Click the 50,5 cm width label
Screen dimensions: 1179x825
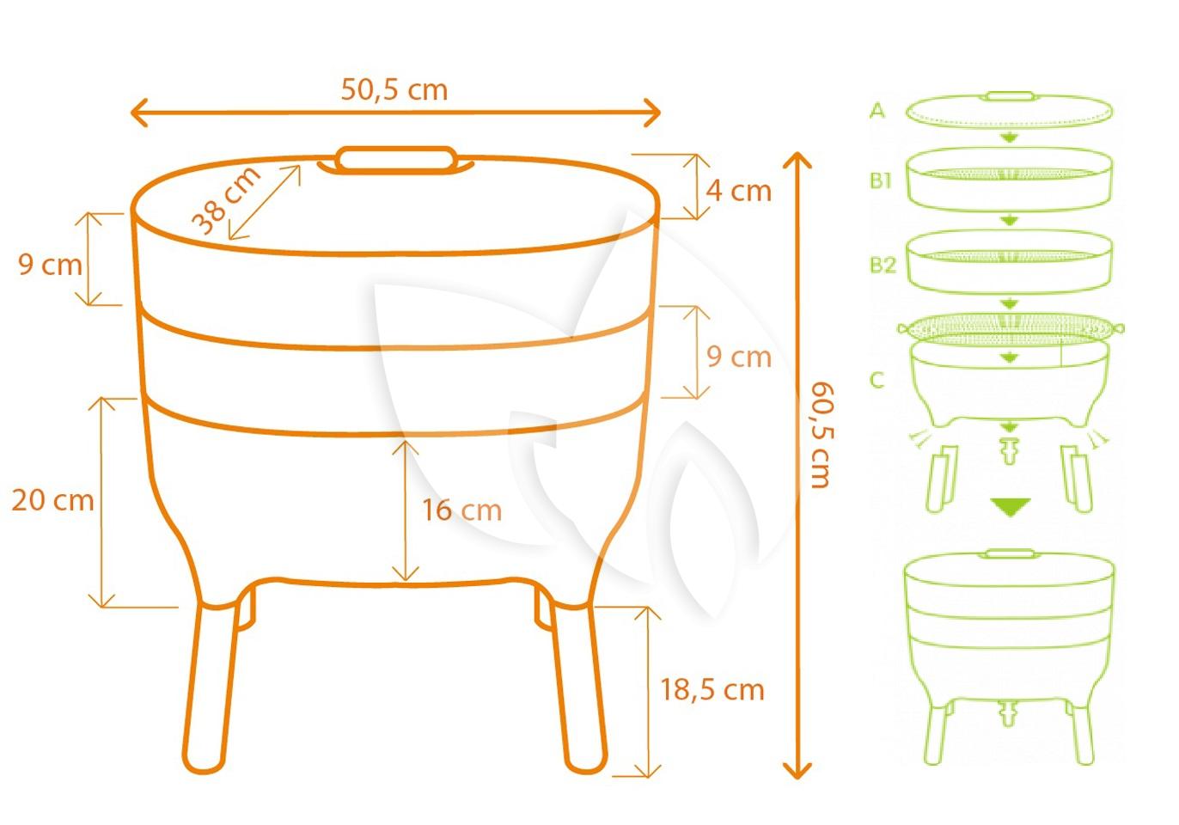click(394, 90)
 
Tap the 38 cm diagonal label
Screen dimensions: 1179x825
click(226, 200)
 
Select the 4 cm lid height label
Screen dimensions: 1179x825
click(738, 191)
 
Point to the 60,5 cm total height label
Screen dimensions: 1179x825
click(822, 435)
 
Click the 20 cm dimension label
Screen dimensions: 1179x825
click(52, 500)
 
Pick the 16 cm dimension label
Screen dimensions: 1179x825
click(462, 510)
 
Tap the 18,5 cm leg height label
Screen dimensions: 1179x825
click(712, 690)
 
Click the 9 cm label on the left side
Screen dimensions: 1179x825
click(50, 265)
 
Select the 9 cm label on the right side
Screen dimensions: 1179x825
click(739, 357)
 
